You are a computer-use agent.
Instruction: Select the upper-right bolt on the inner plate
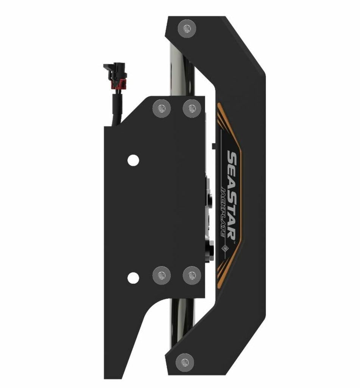point(191,109)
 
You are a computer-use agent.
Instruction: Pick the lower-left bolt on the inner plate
point(162,275)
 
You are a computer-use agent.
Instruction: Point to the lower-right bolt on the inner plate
point(191,275)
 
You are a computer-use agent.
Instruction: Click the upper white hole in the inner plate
point(133,160)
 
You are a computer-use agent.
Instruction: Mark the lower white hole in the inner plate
point(133,278)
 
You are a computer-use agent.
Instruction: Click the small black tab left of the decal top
point(214,146)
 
